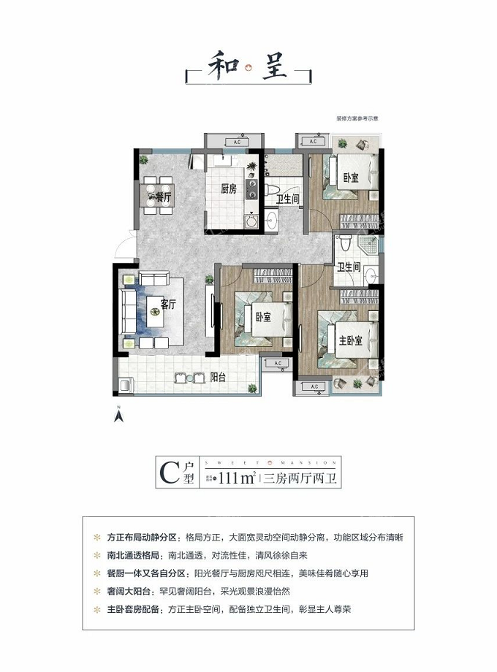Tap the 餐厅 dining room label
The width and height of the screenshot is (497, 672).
click(x=163, y=196)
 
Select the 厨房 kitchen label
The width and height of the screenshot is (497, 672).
click(x=229, y=188)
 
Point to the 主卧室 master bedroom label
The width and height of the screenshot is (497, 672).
click(x=356, y=341)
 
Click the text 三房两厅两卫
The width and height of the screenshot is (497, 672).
click(x=300, y=479)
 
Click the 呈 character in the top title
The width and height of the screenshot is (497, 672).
click(x=274, y=69)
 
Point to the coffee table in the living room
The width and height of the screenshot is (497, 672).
click(x=155, y=317)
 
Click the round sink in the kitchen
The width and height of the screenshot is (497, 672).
click(x=252, y=218)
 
